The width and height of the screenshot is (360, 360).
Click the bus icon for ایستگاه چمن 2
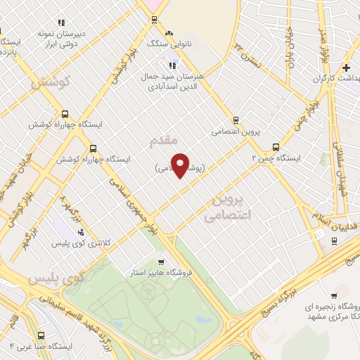pyautogui.click(x=275, y=148)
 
